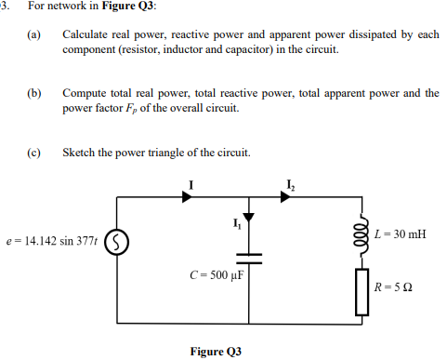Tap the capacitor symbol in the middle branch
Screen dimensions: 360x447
249,257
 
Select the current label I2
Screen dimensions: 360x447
293,181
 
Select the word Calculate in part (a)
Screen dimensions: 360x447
86,34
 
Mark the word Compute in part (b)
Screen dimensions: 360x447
84,94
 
